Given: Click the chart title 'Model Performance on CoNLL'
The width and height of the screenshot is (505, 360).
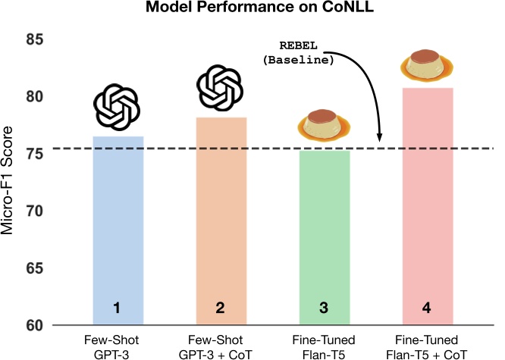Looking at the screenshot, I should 253,10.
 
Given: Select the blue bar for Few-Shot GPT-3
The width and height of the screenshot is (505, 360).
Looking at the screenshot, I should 118,227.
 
